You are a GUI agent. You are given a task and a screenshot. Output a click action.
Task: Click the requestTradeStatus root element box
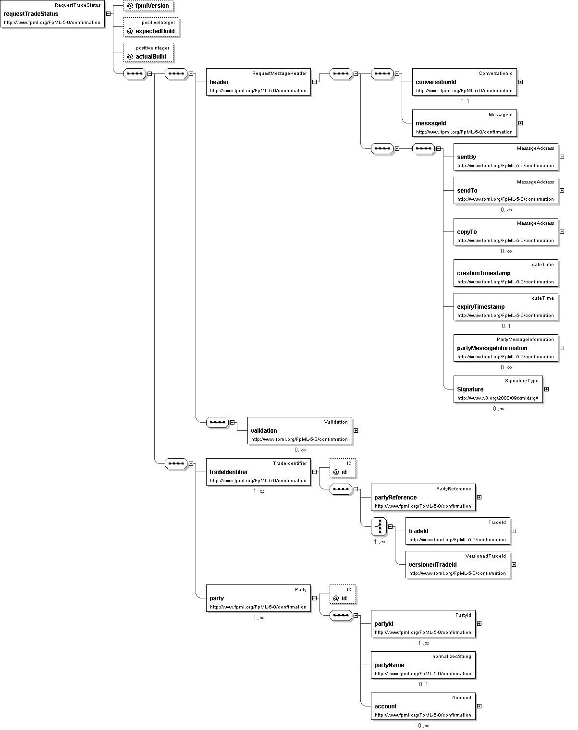[x=52, y=13]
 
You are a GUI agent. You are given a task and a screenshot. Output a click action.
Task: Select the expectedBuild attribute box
[x=151, y=27]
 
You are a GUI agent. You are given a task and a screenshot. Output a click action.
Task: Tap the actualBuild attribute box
[x=148, y=52]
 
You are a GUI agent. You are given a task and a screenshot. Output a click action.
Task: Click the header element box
[x=258, y=82]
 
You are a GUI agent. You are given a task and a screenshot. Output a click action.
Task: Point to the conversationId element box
[x=464, y=82]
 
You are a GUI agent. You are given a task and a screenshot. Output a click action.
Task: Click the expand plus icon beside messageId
[x=521, y=123]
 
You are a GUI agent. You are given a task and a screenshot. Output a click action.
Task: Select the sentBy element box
[x=506, y=157]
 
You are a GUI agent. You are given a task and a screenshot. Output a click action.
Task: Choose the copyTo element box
[x=506, y=232]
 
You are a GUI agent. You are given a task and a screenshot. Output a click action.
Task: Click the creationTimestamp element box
[x=506, y=273]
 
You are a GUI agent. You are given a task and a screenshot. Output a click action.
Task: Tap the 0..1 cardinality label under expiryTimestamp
[x=506, y=326]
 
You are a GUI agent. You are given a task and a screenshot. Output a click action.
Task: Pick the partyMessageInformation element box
[x=506, y=348]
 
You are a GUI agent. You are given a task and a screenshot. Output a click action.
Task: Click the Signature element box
[x=498, y=389]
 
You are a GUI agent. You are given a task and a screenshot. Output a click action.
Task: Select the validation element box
[x=300, y=431]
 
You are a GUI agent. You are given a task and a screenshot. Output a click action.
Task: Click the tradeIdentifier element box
[x=258, y=472]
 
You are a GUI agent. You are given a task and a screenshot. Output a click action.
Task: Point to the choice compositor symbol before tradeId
[x=379, y=526]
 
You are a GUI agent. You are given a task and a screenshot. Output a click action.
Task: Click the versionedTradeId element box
[x=458, y=564]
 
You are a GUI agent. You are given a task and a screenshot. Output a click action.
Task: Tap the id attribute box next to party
[x=343, y=594]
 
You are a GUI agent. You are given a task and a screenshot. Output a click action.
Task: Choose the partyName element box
[x=423, y=665]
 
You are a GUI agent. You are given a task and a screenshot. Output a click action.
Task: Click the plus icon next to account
[x=479, y=706]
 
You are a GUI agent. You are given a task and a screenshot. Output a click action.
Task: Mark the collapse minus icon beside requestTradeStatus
[x=109, y=13]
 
